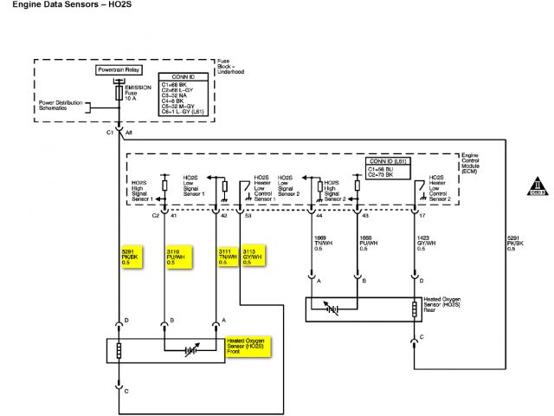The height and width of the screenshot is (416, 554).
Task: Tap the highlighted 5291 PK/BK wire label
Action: [x=131, y=257]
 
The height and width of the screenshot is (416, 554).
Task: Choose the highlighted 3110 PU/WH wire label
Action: [x=177, y=257]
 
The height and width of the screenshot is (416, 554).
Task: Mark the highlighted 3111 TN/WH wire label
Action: [x=229, y=257]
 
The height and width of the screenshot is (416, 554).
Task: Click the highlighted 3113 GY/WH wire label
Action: [x=254, y=257]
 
